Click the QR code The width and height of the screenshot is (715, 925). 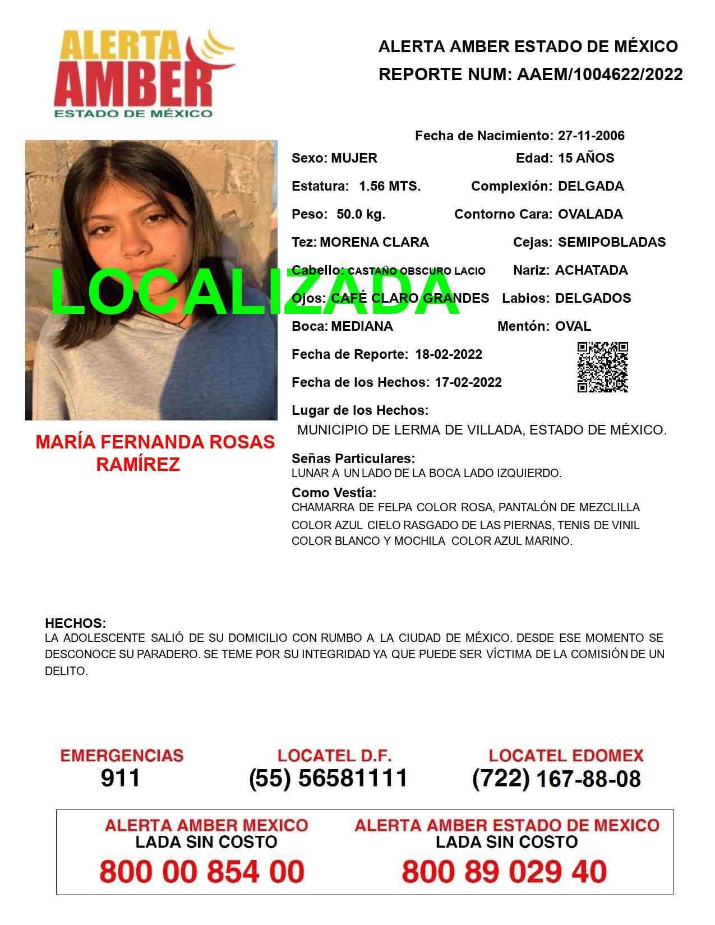(x=602, y=367)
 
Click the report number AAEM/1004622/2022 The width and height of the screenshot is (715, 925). (x=599, y=75)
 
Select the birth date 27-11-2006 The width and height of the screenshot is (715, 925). (x=591, y=136)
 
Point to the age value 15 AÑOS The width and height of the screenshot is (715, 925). (x=586, y=158)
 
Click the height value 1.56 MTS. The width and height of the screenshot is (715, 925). (x=390, y=186)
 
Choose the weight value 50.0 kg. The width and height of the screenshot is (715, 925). (x=361, y=214)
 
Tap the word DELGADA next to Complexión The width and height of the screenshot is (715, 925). (x=591, y=186)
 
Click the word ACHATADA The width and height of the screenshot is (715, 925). (x=591, y=270)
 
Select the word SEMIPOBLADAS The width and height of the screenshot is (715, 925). (x=612, y=242)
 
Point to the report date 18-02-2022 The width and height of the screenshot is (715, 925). (x=449, y=354)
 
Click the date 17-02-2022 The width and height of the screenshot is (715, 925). (x=468, y=382)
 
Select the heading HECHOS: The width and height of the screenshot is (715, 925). (x=75, y=623)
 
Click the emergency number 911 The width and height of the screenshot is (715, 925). (x=121, y=778)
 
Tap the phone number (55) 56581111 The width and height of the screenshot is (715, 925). (x=328, y=778)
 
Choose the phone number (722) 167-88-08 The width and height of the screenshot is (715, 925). (x=556, y=779)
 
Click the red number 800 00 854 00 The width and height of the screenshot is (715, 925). (x=202, y=872)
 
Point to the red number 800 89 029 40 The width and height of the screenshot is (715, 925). (x=504, y=872)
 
